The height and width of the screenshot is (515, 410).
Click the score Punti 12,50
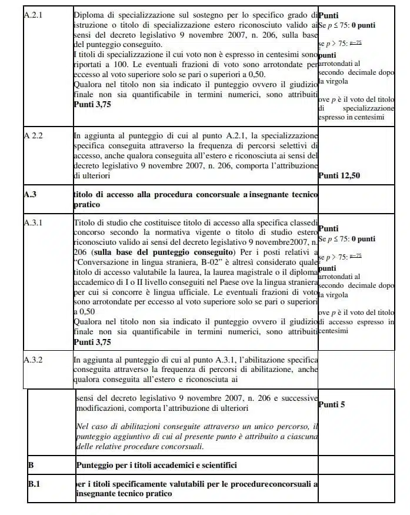pos(339,175)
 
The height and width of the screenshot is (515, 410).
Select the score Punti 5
pos(333,405)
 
